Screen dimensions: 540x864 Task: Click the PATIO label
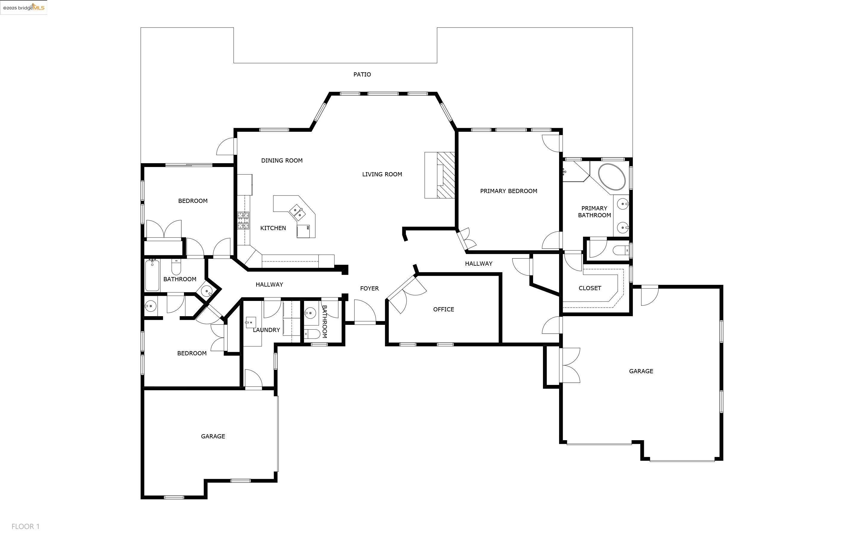(362, 74)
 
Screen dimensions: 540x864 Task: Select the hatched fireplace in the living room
(446, 175)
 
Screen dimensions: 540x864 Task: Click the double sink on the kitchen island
(297, 212)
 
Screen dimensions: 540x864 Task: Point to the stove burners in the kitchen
(243, 220)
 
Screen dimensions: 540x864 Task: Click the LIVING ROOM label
(382, 174)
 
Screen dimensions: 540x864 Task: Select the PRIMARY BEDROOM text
(508, 191)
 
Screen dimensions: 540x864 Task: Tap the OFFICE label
(443, 309)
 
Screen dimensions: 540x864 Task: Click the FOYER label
(369, 288)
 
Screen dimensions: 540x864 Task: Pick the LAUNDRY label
(266, 330)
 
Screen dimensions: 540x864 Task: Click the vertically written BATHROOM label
(324, 322)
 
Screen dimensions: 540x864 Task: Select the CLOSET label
(590, 288)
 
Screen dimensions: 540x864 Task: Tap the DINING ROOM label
(282, 161)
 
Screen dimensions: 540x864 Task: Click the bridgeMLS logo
(24, 7)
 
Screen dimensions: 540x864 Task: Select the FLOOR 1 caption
(25, 527)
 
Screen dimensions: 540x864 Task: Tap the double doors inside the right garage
(570, 365)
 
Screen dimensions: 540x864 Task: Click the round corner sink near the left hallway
(207, 291)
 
